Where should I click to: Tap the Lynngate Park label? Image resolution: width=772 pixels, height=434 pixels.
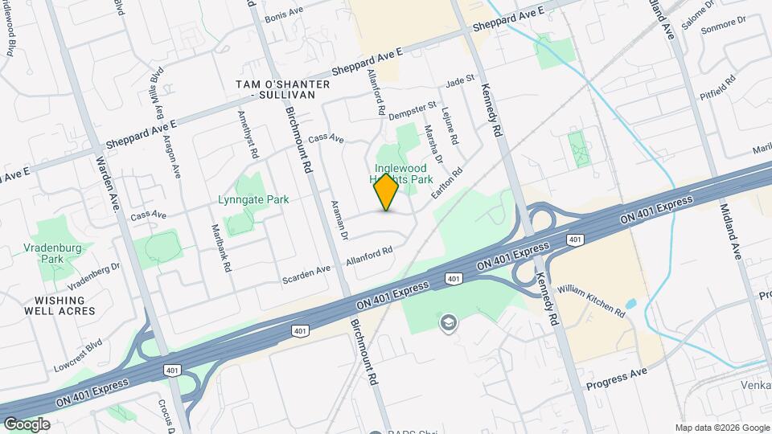[x=253, y=199]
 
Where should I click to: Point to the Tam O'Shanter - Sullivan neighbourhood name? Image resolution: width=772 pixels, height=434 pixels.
[x=282, y=89]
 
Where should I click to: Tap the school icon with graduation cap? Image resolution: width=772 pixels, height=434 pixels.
[x=446, y=322]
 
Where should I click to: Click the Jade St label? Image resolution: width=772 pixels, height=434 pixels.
[x=461, y=81]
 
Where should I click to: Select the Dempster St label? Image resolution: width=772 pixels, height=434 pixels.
[x=412, y=111]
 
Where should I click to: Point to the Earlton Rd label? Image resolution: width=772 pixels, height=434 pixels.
[x=450, y=184]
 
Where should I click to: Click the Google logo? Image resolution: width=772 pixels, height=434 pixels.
[x=27, y=424]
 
